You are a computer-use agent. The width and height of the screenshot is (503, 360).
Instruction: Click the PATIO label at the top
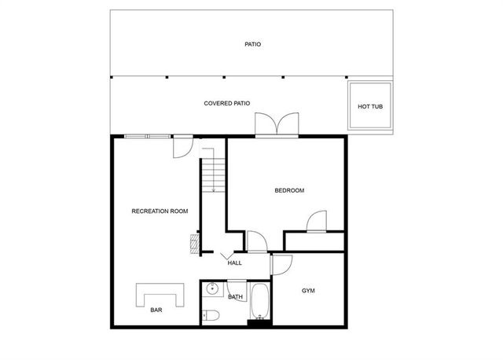point(252,45)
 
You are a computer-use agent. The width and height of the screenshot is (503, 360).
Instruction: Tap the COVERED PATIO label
point(226,103)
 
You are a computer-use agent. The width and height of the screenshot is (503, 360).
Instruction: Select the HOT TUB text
point(370,106)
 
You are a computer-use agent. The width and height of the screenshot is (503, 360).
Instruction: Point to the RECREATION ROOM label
point(160,211)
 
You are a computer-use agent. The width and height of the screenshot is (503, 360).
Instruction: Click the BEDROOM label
point(288,190)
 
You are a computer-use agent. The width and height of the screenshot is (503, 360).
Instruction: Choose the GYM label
point(309,291)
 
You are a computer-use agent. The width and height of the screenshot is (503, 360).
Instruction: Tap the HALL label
point(234,263)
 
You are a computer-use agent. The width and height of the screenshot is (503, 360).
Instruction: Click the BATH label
point(235,297)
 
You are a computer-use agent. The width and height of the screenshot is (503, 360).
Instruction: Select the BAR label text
point(156,310)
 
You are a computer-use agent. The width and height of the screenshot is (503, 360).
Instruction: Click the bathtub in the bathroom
point(259,302)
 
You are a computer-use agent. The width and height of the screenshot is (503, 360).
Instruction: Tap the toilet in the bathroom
point(210,316)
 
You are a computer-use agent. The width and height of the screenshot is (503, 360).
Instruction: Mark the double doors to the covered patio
point(277,125)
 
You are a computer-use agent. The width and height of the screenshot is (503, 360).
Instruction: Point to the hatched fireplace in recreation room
point(193,243)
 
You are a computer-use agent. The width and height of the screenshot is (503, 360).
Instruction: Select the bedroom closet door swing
point(317,222)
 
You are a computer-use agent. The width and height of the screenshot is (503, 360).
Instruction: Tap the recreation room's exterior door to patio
point(182,145)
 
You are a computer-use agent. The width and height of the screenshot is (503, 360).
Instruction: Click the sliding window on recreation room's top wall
point(148,137)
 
